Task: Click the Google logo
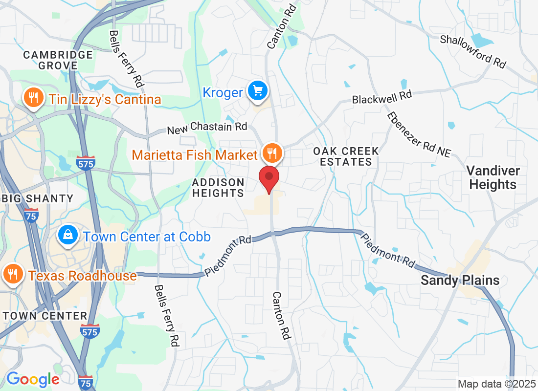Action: click(33, 379)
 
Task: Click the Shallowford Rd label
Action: click(472, 51)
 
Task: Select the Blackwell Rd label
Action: click(382, 96)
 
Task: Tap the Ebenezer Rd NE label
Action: click(419, 134)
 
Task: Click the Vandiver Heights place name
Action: click(493, 177)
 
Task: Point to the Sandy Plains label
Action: click(460, 280)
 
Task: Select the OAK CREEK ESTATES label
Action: click(346, 156)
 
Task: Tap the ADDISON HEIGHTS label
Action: click(218, 188)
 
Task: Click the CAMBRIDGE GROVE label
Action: click(58, 60)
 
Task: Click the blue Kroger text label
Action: click(223, 93)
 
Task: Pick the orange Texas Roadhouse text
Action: click(82, 276)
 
